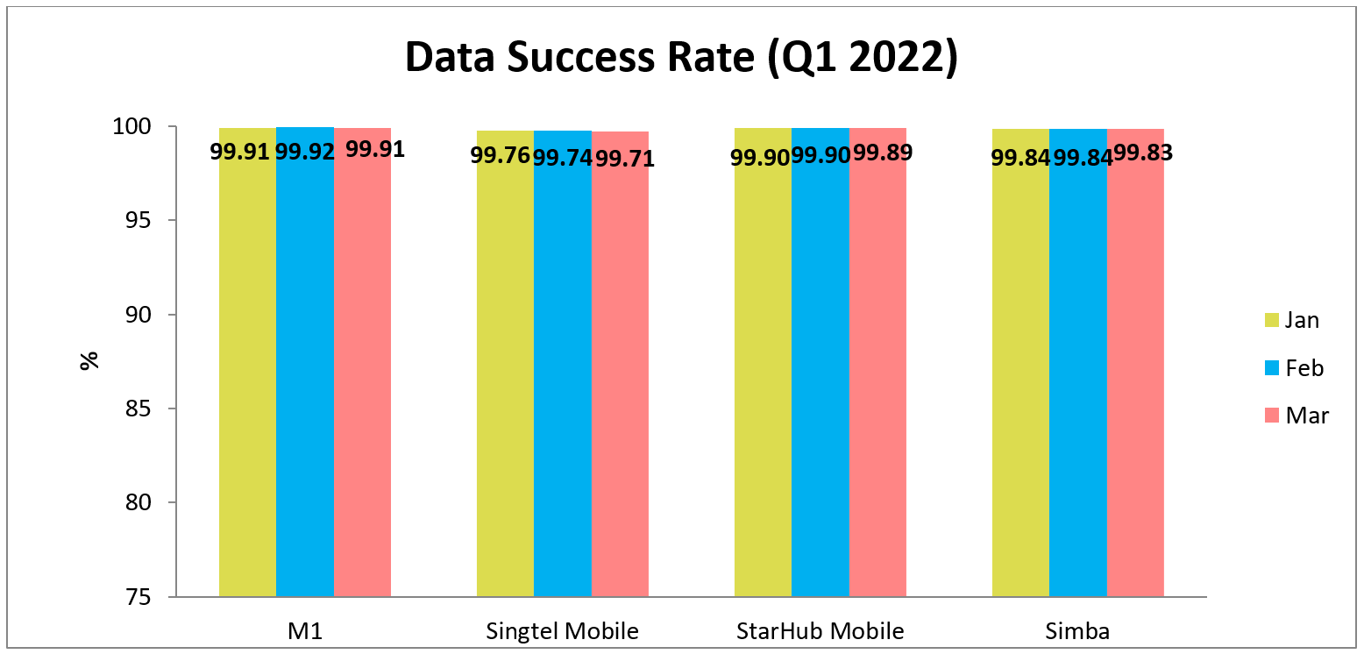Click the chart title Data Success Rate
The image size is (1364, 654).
[x=681, y=57]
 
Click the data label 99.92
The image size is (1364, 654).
[x=305, y=152]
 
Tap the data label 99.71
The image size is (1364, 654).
[x=625, y=158]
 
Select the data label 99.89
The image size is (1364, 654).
[x=883, y=152]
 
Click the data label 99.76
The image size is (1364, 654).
[x=500, y=156]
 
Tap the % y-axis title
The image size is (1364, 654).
[x=89, y=361]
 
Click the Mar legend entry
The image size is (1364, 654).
[x=1295, y=416]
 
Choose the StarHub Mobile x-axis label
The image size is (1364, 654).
[x=820, y=631]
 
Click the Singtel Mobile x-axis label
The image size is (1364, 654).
[x=562, y=631]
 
